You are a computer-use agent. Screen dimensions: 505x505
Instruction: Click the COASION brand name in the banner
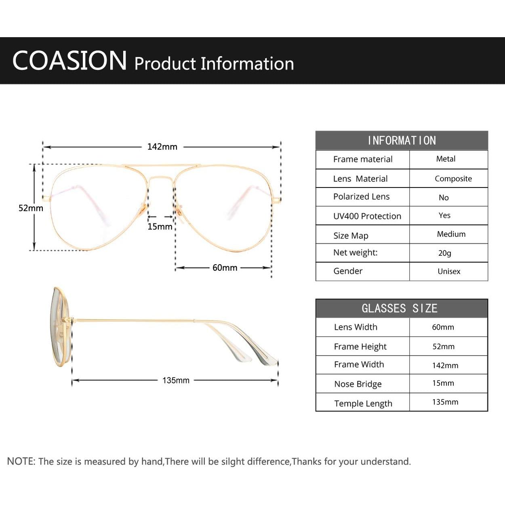pyautogui.click(x=69, y=61)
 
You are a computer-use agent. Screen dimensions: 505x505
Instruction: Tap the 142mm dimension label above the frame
pyautogui.click(x=162, y=147)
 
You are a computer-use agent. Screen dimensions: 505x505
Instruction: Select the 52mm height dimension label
pyautogui.click(x=31, y=208)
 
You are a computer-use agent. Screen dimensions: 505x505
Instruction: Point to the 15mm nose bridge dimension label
pyautogui.click(x=160, y=226)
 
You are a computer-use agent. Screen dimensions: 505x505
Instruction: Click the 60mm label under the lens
pyautogui.click(x=225, y=267)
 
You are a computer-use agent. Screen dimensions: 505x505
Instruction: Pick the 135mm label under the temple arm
pyautogui.click(x=176, y=380)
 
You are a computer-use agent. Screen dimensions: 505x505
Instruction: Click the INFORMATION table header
pyautogui.click(x=402, y=141)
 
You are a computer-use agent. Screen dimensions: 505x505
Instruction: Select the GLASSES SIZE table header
pyautogui.click(x=400, y=308)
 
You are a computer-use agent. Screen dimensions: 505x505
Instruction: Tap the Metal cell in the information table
pyautogui.click(x=446, y=159)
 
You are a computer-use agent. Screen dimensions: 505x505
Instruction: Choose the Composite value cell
pyautogui.click(x=453, y=179)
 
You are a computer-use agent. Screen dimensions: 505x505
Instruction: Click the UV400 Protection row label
pyautogui.click(x=367, y=216)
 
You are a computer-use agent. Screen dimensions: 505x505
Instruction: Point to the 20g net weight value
pyautogui.click(x=445, y=253)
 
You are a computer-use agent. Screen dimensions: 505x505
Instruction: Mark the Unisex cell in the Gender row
pyautogui.click(x=449, y=271)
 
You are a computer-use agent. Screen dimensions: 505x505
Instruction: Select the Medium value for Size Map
pyautogui.click(x=451, y=234)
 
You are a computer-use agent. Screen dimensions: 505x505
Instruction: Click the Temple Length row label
pyautogui.click(x=363, y=404)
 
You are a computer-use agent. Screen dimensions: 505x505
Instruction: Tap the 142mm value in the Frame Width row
pyautogui.click(x=445, y=365)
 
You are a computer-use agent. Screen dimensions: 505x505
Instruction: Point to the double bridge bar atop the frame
pyautogui.click(x=162, y=166)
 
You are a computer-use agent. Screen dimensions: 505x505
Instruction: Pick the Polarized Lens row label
pyautogui.click(x=362, y=197)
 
